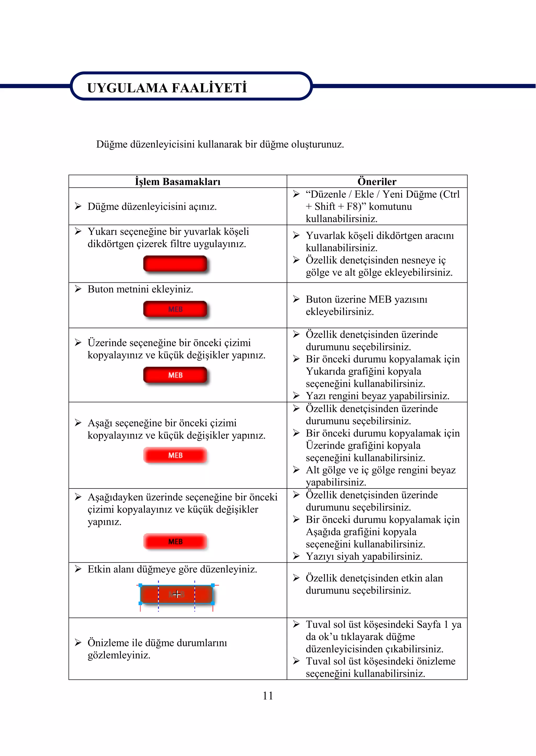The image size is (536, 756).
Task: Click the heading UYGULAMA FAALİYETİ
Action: pyautogui.click(x=167, y=88)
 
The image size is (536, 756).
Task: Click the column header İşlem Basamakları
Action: pyautogui.click(x=177, y=182)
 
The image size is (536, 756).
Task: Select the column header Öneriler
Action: pyautogui.click(x=377, y=182)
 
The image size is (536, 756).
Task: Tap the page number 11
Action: pyautogui.click(x=268, y=696)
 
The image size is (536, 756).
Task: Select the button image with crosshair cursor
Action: pyautogui.click(x=177, y=594)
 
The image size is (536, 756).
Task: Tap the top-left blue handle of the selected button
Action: pyautogui.click(x=141, y=585)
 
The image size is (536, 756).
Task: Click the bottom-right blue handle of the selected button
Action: pyautogui.click(x=213, y=603)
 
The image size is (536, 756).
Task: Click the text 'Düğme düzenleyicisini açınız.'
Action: pyautogui.click(x=152, y=207)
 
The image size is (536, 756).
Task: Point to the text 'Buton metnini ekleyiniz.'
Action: pyautogui.click(x=140, y=289)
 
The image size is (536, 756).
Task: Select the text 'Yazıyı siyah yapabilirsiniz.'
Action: pyautogui.click(x=364, y=556)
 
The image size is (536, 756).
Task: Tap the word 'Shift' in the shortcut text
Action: pyautogui.click(x=325, y=207)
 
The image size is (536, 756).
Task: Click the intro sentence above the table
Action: pyautogui.click(x=220, y=144)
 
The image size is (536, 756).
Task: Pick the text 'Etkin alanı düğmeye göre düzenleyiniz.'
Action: pyautogui.click(x=172, y=569)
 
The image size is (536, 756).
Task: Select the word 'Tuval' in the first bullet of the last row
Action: pyautogui.click(x=318, y=625)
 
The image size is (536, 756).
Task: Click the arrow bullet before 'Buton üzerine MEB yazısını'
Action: pyautogui.click(x=296, y=299)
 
